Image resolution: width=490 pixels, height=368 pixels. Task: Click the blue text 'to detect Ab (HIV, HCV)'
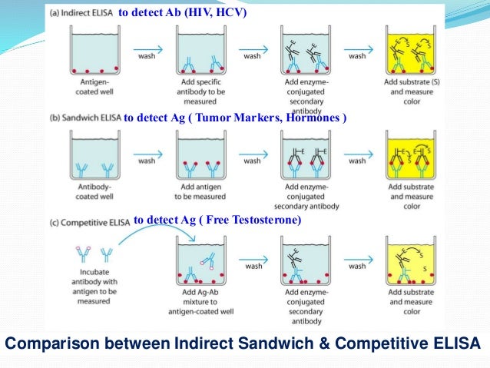click(182, 12)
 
